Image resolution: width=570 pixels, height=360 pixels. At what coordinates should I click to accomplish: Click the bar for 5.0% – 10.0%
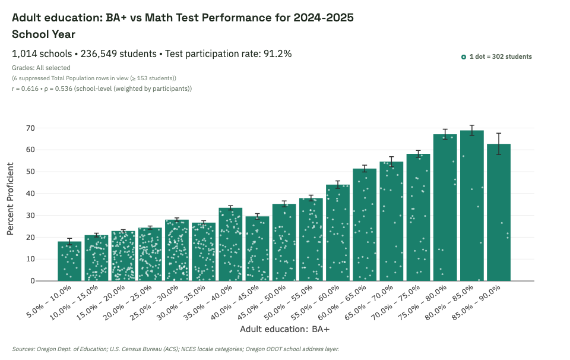pyautogui.click(x=69, y=261)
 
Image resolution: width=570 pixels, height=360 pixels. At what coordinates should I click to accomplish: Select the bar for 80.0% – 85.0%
pyautogui.click(x=472, y=206)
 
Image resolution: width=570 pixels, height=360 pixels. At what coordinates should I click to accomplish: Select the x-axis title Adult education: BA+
pyautogui.click(x=284, y=329)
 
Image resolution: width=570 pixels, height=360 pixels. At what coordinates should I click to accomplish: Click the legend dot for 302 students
pyautogui.click(x=464, y=57)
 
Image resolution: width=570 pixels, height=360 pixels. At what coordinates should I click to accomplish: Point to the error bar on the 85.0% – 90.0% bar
pyautogui.click(x=499, y=144)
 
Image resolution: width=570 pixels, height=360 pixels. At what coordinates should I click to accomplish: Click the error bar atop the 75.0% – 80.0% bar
pyautogui.click(x=445, y=134)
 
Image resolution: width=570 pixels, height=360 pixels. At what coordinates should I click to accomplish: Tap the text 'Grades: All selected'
pyautogui.click(x=41, y=68)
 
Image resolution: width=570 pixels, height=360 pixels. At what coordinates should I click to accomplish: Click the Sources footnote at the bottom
pyautogui.click(x=175, y=349)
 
